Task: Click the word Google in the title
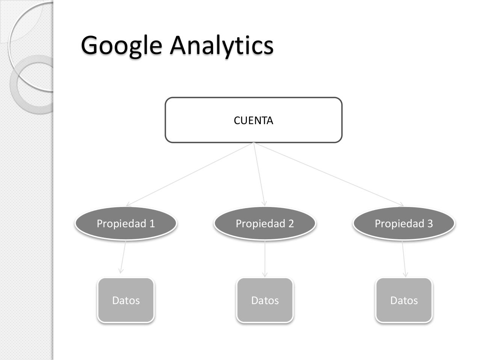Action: pyautogui.click(x=121, y=45)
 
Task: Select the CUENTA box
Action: pyautogui.click(x=254, y=120)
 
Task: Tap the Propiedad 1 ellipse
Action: pyautogui.click(x=126, y=223)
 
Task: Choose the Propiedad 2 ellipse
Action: pyautogui.click(x=265, y=223)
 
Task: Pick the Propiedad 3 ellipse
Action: pyautogui.click(x=404, y=223)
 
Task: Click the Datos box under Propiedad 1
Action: pyautogui.click(x=126, y=300)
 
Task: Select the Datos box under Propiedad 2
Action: pyautogui.click(x=265, y=300)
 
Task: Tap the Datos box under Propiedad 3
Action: pyautogui.click(x=404, y=300)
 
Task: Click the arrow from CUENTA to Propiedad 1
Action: pyautogui.click(x=190, y=174)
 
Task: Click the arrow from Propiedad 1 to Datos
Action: pyautogui.click(x=123, y=257)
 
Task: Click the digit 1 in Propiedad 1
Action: pyautogui.click(x=152, y=223)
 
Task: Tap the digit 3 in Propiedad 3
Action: pyautogui.click(x=430, y=223)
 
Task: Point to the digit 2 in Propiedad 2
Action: pyautogui.click(x=291, y=223)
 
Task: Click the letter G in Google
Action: pyautogui.click(x=90, y=45)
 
